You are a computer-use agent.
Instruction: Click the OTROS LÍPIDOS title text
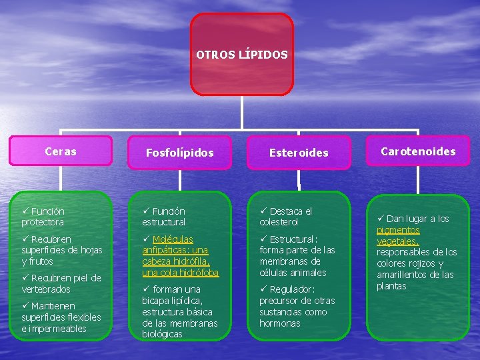(x=242, y=54)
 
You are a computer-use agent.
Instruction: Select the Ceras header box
(x=61, y=151)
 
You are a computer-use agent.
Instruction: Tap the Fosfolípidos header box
(x=179, y=153)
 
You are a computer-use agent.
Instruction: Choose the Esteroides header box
(x=299, y=153)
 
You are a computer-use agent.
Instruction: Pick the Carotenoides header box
(x=418, y=151)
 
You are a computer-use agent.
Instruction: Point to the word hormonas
(x=279, y=323)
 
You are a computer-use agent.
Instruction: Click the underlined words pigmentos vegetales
(x=398, y=235)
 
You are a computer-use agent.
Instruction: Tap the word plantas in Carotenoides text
(x=391, y=286)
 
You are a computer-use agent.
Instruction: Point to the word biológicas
(x=162, y=334)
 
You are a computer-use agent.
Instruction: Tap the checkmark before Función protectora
(x=25, y=211)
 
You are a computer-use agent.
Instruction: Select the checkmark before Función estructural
(x=146, y=211)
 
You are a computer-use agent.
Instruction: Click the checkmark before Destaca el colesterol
(x=264, y=211)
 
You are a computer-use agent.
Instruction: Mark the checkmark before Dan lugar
(x=381, y=218)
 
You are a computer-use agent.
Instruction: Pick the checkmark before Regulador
(x=264, y=289)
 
